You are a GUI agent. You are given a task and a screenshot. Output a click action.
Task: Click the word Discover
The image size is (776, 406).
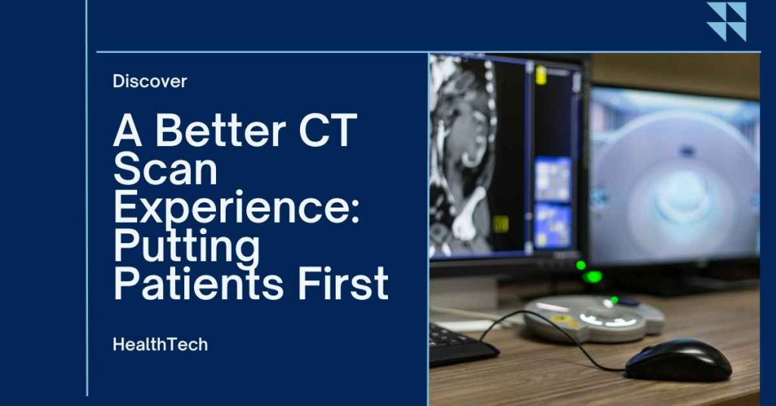(150, 81)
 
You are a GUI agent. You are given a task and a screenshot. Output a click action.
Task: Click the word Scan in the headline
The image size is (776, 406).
(165, 170)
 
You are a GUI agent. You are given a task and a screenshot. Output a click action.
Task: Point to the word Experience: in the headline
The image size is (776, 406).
(236, 209)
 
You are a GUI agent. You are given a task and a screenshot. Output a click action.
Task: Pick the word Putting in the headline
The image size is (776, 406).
(186, 246)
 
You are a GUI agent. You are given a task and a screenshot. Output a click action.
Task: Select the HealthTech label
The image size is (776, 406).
(160, 344)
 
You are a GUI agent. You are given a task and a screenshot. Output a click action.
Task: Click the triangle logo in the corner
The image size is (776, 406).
(726, 21)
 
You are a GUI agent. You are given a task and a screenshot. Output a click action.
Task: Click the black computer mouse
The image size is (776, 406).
(677, 361)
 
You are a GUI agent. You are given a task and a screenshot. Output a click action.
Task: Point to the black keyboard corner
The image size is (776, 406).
(459, 345)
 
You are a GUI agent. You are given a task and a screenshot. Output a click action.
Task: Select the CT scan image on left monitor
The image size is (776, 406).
(462, 159)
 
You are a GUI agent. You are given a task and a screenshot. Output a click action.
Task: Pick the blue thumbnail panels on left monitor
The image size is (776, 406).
(553, 200)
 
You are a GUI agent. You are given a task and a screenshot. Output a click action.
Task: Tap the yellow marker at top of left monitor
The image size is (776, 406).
(541, 75)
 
